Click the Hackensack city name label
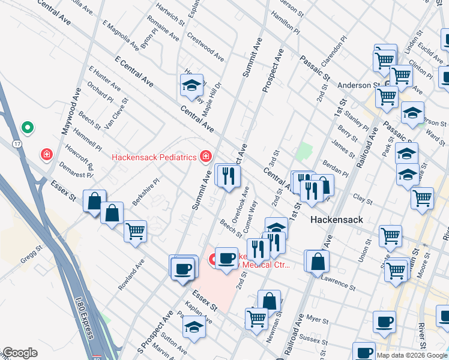point(336,220)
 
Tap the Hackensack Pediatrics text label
point(154,157)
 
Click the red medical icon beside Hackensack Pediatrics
point(205,156)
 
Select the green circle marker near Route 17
point(27,127)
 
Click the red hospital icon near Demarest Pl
point(46,155)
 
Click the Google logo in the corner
point(20,353)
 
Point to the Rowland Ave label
point(131,275)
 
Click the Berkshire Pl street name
point(146,191)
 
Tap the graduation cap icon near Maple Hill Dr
point(191,85)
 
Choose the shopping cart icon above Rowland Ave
point(136,230)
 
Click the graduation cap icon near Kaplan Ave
point(193,328)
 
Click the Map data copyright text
point(412,355)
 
